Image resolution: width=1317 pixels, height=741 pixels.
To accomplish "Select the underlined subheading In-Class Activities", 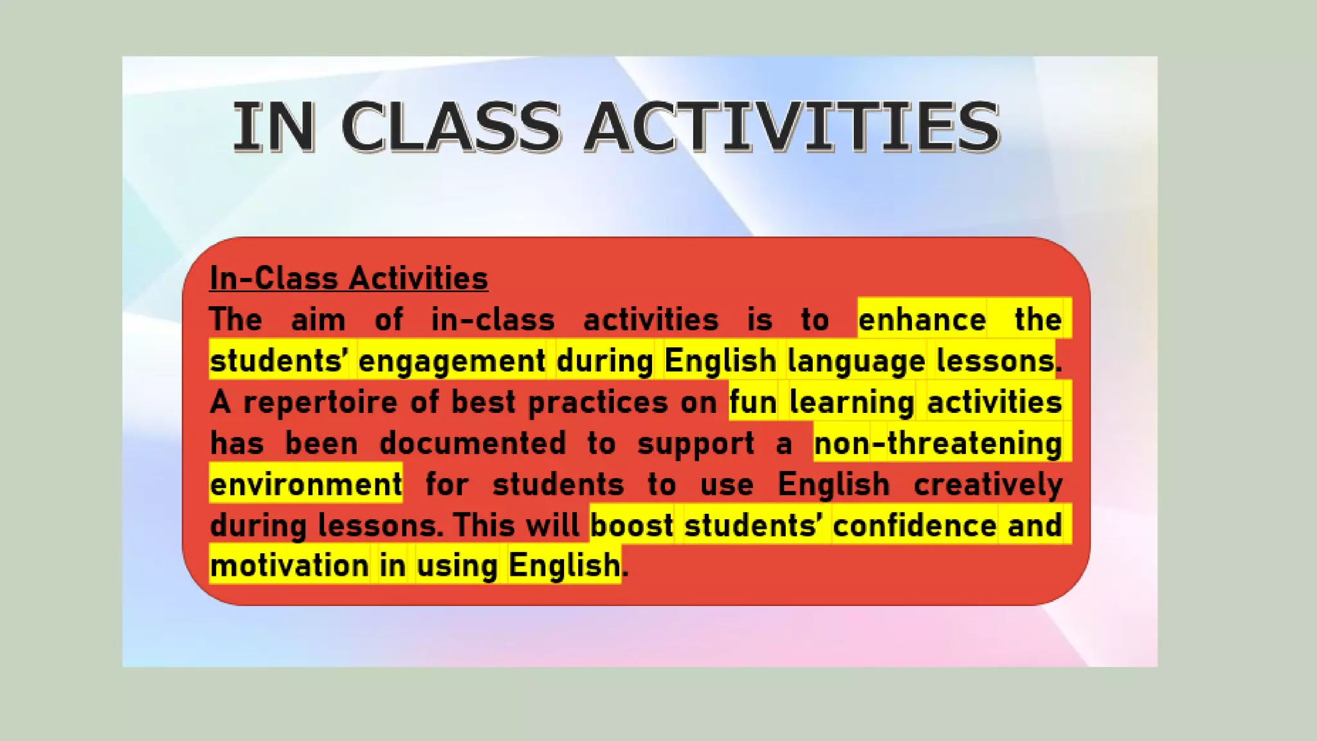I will coord(349,279).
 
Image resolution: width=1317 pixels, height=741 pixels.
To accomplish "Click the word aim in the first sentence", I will coord(318,320).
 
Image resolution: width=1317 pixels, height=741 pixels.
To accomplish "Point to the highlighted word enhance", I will coord(922,320).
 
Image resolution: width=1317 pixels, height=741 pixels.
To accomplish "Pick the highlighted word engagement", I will coord(451,361).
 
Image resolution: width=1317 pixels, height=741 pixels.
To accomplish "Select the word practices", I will coord(598,403).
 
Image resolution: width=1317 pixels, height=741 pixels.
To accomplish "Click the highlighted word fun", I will coord(752,403).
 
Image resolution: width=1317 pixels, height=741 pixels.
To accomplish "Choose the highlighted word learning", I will coord(851,403).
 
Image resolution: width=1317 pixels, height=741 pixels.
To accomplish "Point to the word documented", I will coord(473,444).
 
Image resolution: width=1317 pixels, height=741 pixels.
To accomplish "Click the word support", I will coord(696,444).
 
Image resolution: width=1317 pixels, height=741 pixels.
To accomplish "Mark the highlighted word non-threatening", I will coord(938,444).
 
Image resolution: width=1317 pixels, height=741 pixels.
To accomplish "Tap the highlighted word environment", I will coord(306,484).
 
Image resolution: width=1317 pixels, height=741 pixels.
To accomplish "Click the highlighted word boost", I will coord(631,526).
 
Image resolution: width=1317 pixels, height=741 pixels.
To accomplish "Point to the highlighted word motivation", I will coord(289,566).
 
